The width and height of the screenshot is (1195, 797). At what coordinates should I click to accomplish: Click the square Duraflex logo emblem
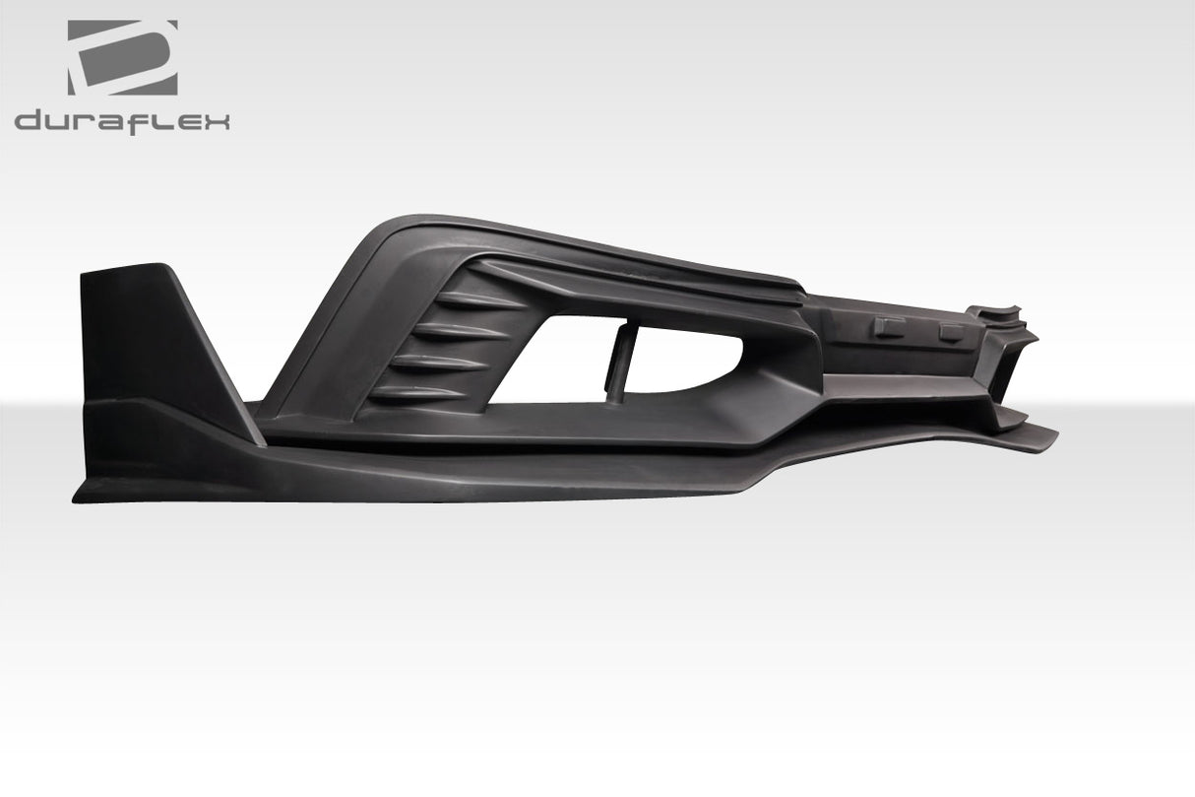122,58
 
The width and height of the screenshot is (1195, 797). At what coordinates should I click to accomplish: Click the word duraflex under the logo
122,122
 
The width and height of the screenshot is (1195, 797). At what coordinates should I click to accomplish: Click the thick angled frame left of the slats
325,325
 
